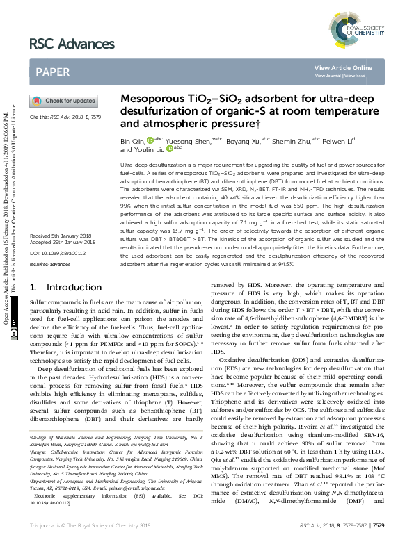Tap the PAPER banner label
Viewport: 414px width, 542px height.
point(52,72)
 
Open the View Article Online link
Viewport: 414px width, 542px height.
point(343,67)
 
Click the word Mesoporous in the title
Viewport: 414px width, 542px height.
point(150,99)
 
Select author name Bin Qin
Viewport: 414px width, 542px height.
point(132,140)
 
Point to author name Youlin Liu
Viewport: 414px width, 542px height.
point(145,149)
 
